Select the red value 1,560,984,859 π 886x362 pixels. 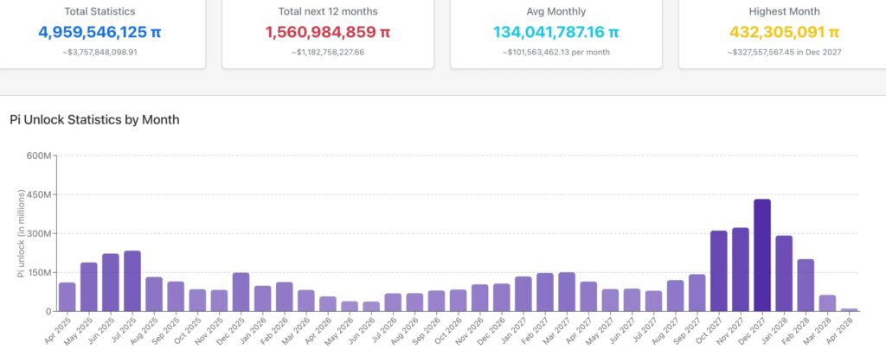point(328,33)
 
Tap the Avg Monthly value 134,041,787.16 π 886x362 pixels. point(556,33)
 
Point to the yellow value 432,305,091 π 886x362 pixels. point(785,33)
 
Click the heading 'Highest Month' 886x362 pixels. point(785,11)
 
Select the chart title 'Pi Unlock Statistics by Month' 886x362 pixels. point(94,119)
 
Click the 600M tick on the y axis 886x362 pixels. point(40,156)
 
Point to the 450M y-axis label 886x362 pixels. point(40,194)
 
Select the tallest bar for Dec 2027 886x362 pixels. point(761,255)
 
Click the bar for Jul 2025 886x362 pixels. point(132,281)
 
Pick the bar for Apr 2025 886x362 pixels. point(67,296)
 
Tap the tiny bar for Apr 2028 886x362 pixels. point(850,309)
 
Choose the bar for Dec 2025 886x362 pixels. point(241,292)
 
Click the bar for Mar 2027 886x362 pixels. point(567,292)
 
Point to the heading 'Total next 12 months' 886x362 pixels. point(328,11)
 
